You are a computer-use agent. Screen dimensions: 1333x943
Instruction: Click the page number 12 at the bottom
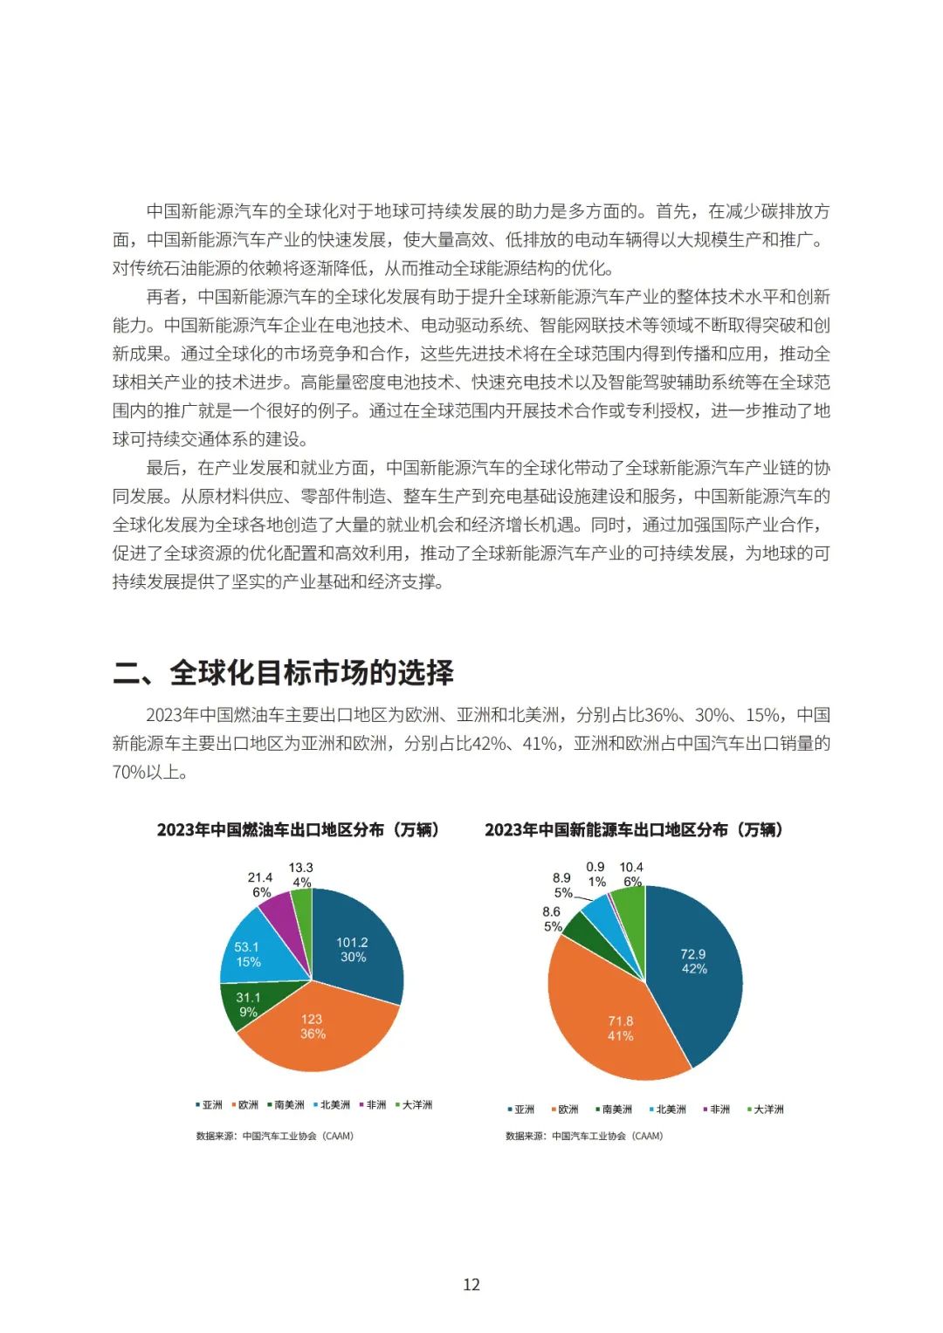471,1284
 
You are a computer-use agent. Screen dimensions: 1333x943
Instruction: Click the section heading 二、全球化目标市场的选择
284,672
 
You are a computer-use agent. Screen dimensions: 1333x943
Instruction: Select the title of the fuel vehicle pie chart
299,829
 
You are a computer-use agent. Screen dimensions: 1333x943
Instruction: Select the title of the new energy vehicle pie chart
634,829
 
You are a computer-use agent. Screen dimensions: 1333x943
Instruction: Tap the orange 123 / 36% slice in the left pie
312,1030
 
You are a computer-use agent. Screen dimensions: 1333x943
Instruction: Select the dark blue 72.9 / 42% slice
694,960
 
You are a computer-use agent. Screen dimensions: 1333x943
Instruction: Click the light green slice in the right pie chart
629,904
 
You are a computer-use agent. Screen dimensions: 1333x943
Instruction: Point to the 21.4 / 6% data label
260,884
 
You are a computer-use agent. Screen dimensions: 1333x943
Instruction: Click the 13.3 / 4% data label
301,875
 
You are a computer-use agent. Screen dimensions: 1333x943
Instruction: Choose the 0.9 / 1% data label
595,874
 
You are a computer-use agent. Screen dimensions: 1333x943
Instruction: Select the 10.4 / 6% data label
631,874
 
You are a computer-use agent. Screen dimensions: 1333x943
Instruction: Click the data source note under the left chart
275,1136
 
